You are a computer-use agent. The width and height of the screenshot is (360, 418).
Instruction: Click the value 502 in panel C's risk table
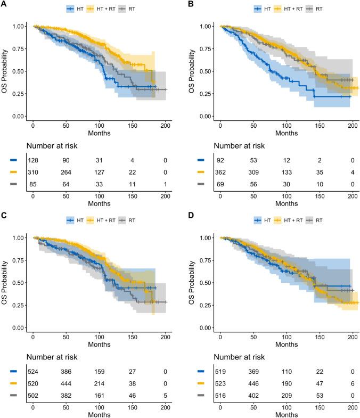[x=33, y=392]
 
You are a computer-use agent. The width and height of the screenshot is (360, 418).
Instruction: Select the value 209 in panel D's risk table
[x=287, y=392]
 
